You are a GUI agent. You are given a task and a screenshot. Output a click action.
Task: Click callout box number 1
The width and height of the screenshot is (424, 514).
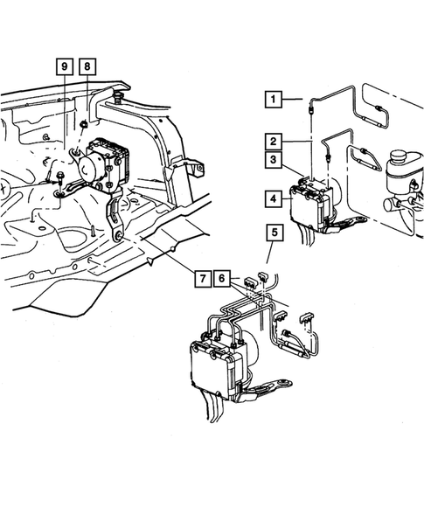tap(273, 99)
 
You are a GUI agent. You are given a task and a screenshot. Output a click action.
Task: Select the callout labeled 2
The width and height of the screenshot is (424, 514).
tap(273, 142)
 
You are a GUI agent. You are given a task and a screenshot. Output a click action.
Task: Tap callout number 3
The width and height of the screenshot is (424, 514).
tap(273, 160)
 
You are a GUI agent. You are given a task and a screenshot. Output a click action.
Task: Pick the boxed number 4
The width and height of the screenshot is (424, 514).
tap(273, 198)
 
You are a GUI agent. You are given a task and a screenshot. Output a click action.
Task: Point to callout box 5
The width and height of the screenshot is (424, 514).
tap(275, 233)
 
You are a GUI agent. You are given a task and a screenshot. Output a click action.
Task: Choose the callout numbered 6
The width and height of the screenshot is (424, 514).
tap(222, 279)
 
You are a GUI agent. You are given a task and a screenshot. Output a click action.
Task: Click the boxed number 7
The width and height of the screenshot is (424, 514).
tap(203, 279)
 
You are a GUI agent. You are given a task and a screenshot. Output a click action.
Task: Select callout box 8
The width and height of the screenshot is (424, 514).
tap(87, 66)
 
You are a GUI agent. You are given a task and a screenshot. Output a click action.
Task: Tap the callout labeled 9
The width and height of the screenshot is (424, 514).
tap(65, 66)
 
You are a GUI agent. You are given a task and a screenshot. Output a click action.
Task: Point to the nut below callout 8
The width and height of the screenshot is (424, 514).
tap(84, 124)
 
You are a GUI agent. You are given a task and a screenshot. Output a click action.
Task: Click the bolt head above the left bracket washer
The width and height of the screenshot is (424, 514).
tap(60, 177)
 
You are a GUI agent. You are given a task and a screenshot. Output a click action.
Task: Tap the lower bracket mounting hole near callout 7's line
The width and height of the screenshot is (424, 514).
tap(118, 235)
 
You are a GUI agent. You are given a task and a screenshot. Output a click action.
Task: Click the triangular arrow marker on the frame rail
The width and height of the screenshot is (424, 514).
tap(149, 261)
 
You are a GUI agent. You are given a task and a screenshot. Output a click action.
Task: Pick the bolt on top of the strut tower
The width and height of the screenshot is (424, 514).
tap(118, 96)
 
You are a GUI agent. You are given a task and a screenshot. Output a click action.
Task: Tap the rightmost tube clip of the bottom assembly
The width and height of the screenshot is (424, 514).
tap(306, 317)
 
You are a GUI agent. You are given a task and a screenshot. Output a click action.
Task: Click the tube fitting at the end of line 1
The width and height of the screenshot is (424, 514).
tap(310, 108)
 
